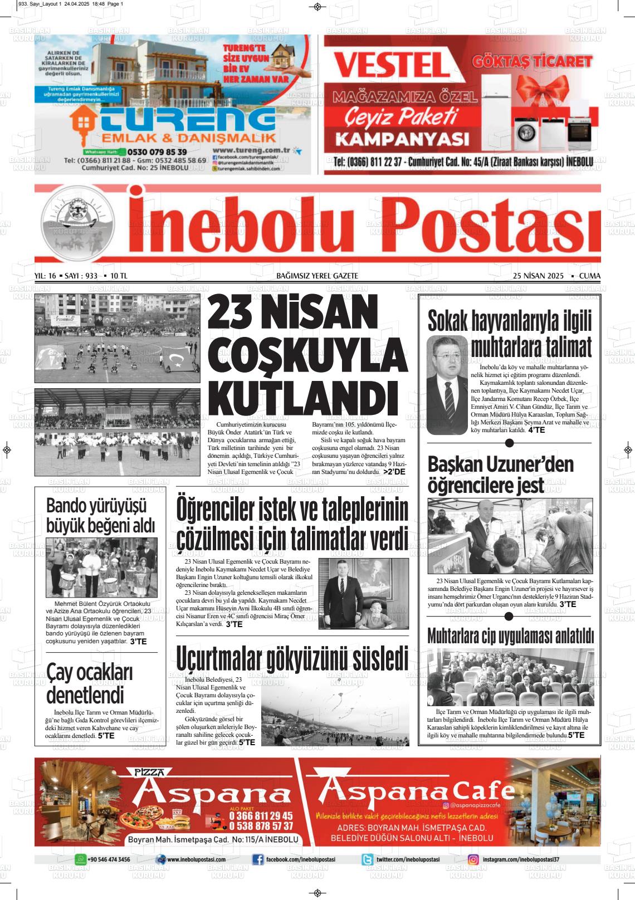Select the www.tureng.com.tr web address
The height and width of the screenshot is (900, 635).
click(x=253, y=150)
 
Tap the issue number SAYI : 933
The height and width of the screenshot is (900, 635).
click(x=81, y=276)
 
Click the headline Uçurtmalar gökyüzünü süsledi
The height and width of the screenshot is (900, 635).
click(x=292, y=658)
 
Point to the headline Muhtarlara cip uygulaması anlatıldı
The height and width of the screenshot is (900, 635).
click(x=510, y=635)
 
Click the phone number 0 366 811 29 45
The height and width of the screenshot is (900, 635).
click(x=261, y=816)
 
